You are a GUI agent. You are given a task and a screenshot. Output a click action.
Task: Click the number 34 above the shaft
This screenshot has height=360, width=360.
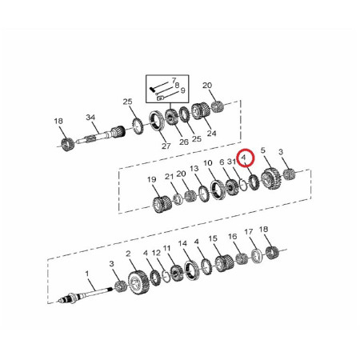91,118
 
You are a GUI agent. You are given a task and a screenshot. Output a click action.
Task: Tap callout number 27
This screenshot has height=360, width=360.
166,146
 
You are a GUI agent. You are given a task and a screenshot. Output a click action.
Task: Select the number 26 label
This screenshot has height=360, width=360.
185,142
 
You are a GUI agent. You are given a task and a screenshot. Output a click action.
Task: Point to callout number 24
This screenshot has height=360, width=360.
212,134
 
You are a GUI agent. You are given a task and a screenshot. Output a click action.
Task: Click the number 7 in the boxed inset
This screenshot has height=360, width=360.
174,82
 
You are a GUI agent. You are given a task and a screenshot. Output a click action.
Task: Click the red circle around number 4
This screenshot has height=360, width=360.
247,160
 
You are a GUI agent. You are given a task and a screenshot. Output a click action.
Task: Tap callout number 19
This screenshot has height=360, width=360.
151,179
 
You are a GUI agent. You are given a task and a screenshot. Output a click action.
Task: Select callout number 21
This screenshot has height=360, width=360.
170,176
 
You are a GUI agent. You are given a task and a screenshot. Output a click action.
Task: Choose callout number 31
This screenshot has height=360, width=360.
231,162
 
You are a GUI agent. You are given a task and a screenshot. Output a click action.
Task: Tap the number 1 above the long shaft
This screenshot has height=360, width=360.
86,274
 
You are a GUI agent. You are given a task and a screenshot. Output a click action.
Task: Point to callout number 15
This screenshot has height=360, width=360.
213,238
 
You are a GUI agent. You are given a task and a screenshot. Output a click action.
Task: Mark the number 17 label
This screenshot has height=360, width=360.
249,232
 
